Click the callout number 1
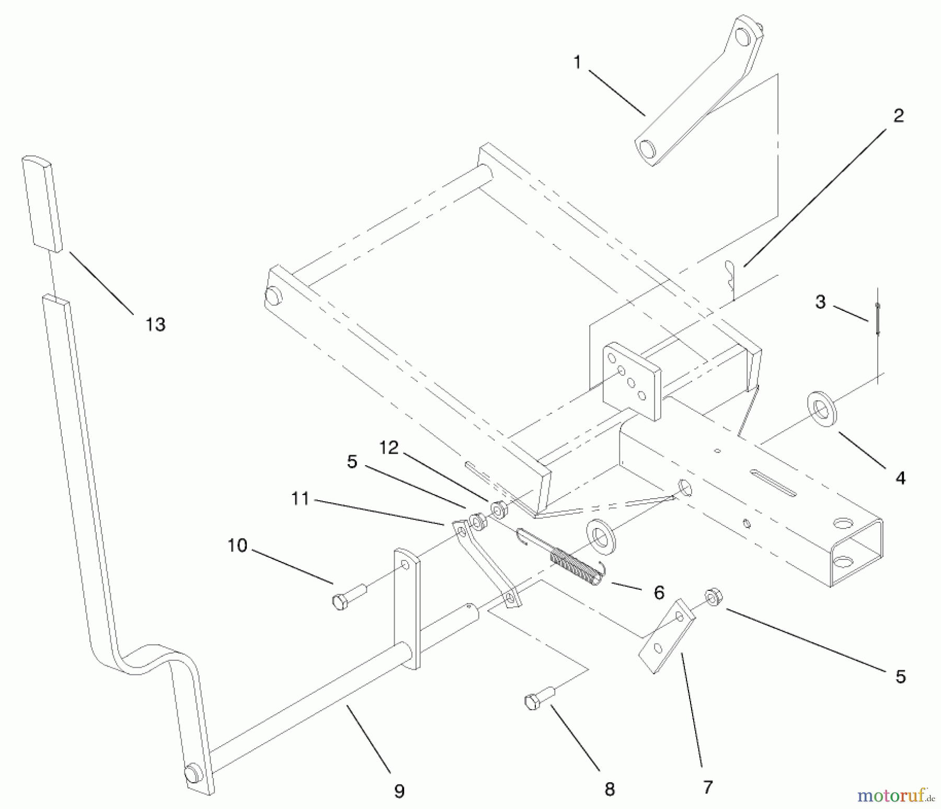pos(577,63)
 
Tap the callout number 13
pos(155,324)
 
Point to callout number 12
pos(389,447)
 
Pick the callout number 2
pos(899,116)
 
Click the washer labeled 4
pos(822,408)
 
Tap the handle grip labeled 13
pos(42,203)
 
